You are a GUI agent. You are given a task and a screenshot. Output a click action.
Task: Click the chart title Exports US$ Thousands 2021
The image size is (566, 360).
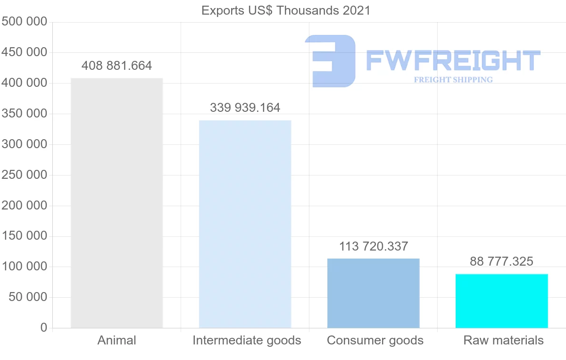(286, 10)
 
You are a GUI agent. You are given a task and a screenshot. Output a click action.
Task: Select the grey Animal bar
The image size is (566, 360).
(117, 203)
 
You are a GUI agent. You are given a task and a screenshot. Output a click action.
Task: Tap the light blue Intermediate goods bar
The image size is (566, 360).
(245, 224)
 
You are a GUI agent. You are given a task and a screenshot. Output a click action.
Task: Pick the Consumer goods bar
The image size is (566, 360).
(373, 293)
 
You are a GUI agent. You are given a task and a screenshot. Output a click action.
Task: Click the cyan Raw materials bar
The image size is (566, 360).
(501, 301)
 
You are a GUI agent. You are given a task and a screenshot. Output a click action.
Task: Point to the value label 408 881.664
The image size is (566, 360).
(117, 66)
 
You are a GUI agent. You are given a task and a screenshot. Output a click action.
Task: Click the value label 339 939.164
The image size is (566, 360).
(245, 108)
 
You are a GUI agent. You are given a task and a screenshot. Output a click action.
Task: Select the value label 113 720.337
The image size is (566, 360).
(373, 246)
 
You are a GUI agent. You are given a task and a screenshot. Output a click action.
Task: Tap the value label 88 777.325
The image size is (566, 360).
(501, 261)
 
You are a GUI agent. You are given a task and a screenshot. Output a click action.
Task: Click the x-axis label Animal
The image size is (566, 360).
(117, 340)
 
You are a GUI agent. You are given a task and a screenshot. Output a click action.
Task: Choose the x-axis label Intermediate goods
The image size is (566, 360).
(247, 340)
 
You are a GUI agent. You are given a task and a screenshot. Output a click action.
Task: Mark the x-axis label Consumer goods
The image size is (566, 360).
(375, 340)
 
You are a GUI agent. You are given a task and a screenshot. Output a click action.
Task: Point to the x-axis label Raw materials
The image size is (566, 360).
(503, 340)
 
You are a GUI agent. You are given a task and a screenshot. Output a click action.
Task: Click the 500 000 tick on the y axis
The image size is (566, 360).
(24, 22)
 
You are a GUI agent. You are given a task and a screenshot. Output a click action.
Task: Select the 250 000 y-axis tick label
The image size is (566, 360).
(24, 175)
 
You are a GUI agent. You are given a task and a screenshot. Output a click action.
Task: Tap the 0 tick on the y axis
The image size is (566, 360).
(43, 328)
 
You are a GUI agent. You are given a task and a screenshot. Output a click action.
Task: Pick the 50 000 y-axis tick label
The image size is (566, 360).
(28, 297)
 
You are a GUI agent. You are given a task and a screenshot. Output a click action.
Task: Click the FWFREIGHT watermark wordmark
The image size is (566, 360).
(453, 60)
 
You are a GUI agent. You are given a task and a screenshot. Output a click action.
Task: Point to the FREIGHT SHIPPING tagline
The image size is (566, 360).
(453, 80)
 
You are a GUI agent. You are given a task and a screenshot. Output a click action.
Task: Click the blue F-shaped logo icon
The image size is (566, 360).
(330, 60)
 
